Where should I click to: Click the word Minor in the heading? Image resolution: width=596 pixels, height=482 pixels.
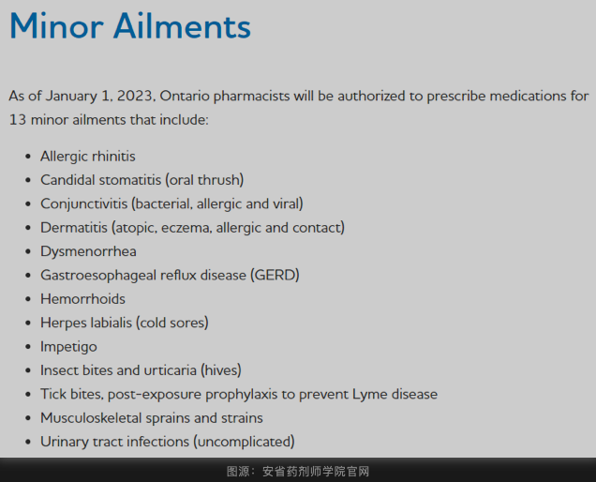(x=56, y=26)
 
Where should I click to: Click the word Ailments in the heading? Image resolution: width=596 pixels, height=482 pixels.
(x=182, y=26)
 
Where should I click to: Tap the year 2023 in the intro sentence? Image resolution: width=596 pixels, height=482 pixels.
(x=136, y=96)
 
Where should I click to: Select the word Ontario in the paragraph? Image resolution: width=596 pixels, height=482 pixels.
(x=185, y=96)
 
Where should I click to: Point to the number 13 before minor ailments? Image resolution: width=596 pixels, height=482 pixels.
(x=18, y=120)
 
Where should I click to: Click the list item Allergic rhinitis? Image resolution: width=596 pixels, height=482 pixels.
(x=88, y=157)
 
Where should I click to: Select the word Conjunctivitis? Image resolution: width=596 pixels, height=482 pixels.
(x=84, y=203)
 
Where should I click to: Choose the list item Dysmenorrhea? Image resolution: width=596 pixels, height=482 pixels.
(x=89, y=251)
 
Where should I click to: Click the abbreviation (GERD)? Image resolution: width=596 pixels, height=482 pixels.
(x=275, y=275)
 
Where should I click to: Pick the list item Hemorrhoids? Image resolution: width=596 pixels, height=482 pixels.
(x=82, y=299)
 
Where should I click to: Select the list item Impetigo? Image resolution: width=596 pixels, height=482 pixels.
(x=68, y=347)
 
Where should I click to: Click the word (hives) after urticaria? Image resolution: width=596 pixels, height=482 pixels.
(x=221, y=370)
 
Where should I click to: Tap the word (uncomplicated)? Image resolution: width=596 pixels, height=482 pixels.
(x=244, y=442)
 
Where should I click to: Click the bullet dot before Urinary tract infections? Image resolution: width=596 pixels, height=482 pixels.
(x=28, y=442)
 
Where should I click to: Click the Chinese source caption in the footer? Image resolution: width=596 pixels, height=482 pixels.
(x=298, y=472)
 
